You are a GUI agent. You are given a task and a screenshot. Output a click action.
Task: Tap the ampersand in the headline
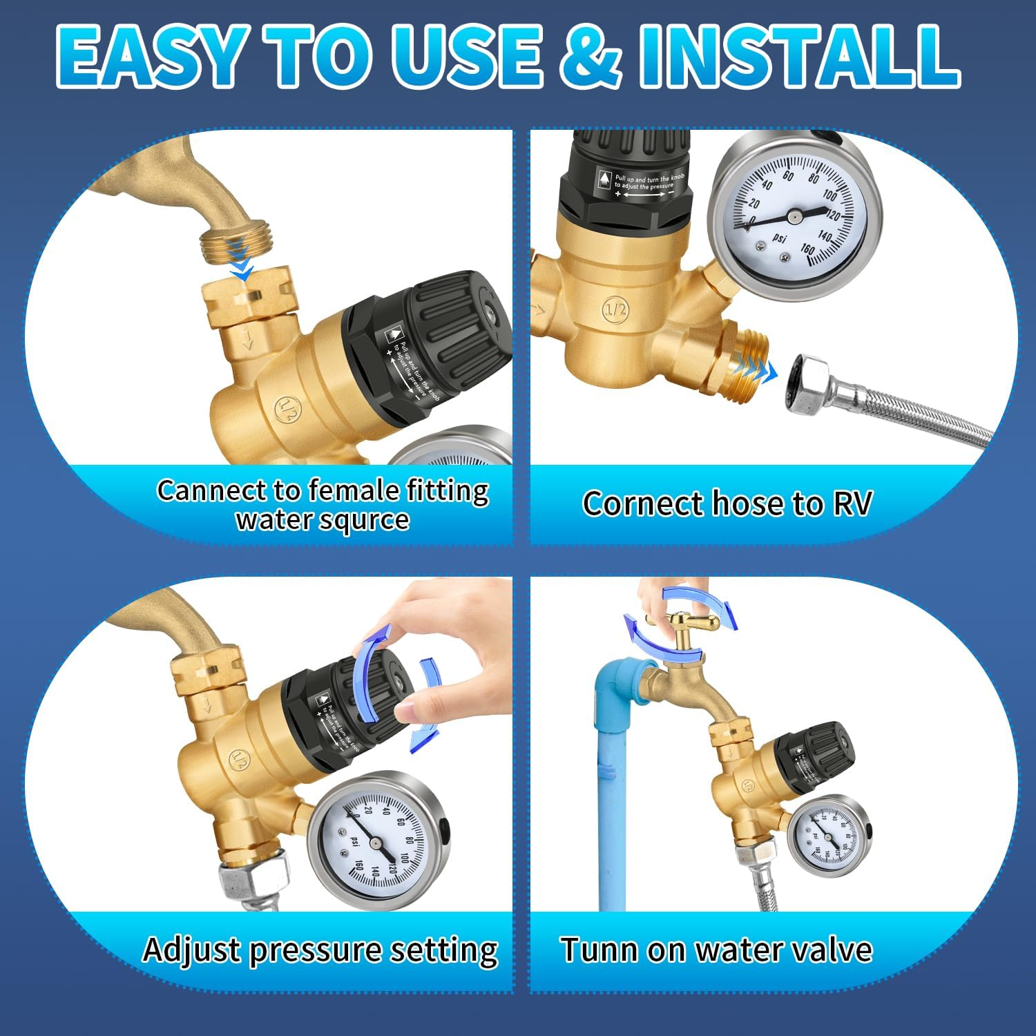[x=591, y=55]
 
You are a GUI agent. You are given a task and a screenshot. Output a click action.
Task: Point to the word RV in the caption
[x=852, y=503]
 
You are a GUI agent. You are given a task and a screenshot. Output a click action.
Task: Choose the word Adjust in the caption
[x=191, y=950]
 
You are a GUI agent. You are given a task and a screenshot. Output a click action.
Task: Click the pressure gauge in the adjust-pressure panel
[x=376, y=840]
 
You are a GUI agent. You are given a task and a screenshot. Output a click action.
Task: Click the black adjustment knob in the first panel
[x=442, y=338]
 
